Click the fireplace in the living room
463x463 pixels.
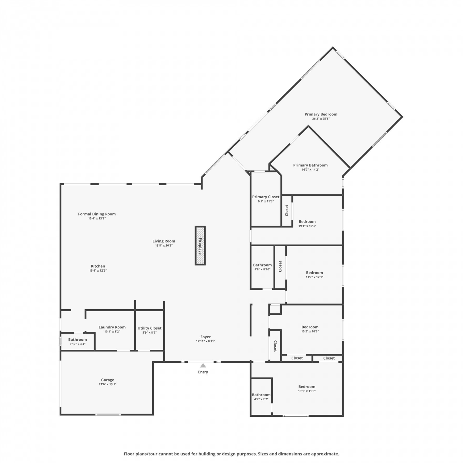coord(200,245)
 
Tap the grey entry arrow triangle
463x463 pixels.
coord(203,365)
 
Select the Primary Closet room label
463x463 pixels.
coord(266,197)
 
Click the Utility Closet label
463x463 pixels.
coord(149,328)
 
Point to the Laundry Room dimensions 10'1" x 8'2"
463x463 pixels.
coord(112,332)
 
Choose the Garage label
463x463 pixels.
coord(107,380)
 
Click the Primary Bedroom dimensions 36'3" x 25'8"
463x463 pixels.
coord(321,119)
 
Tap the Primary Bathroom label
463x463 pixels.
coord(310,165)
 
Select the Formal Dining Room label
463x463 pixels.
coord(97,214)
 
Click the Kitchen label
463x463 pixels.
coord(98,266)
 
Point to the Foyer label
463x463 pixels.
coord(206,337)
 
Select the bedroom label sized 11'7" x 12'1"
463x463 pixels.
coord(315,273)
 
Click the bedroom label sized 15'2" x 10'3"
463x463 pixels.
coord(310,327)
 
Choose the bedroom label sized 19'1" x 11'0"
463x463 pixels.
coord(307,386)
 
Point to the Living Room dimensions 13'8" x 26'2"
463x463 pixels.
coord(164,246)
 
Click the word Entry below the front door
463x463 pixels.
coord(203,372)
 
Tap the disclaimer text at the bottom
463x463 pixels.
coord(231,454)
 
